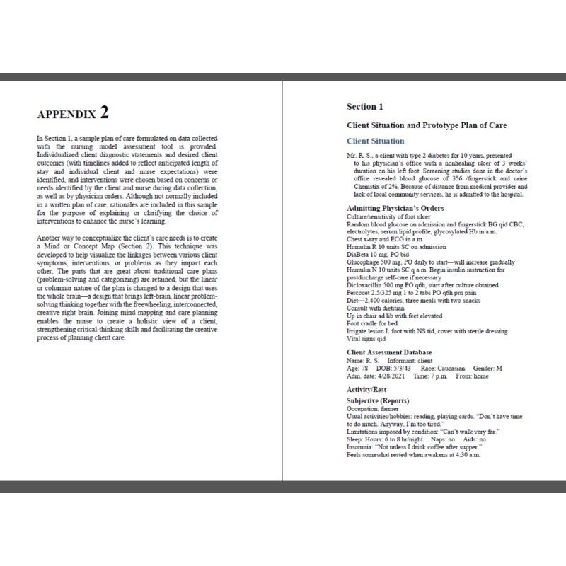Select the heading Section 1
(x=364, y=107)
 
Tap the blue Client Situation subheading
(x=376, y=141)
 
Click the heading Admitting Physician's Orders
(x=395, y=208)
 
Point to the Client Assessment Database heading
(x=389, y=352)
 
